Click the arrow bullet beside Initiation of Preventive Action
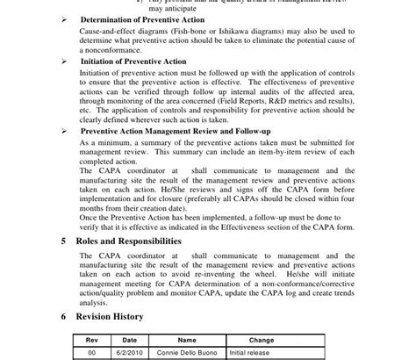[64, 62]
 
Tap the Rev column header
[92, 339]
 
